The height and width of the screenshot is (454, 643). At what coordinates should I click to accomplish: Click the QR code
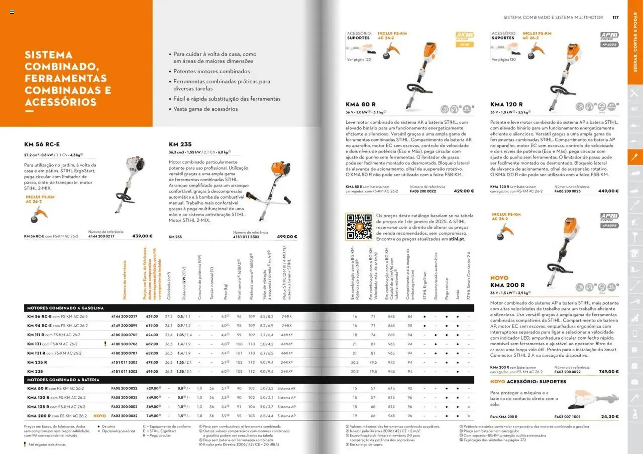pyautogui.click(x=359, y=227)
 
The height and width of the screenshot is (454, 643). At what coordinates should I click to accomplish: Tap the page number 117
pyautogui.click(x=615, y=17)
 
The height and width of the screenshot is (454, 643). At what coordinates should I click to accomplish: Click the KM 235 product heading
pyautogui.click(x=180, y=144)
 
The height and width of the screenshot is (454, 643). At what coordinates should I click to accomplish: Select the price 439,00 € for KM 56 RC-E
pyautogui.click(x=142, y=236)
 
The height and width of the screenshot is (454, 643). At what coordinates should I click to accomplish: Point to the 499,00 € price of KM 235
pyautogui.click(x=287, y=237)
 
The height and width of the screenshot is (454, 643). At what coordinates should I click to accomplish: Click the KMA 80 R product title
pyautogui.click(x=361, y=104)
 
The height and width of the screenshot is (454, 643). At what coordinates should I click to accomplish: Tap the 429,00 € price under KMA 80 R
pyautogui.click(x=464, y=191)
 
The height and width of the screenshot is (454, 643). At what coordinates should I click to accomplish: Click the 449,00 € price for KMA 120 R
pyautogui.click(x=608, y=191)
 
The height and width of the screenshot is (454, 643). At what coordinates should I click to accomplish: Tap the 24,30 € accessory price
pyautogui.click(x=610, y=417)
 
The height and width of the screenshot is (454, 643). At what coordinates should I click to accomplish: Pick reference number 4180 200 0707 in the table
pyautogui.click(x=124, y=353)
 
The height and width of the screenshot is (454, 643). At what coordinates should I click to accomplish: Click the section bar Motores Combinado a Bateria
pyautogui.click(x=63, y=380)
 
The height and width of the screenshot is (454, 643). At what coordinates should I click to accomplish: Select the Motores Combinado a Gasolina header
pyautogui.click(x=65, y=308)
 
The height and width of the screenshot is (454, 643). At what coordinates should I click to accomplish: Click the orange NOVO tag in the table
pyautogui.click(x=99, y=416)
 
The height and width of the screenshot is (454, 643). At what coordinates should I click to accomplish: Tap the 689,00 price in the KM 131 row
pyautogui.click(x=152, y=344)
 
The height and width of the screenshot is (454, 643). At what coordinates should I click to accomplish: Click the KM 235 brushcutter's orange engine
pyautogui.click(x=281, y=169)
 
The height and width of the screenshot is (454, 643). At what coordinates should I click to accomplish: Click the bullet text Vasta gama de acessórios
pyautogui.click(x=205, y=109)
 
